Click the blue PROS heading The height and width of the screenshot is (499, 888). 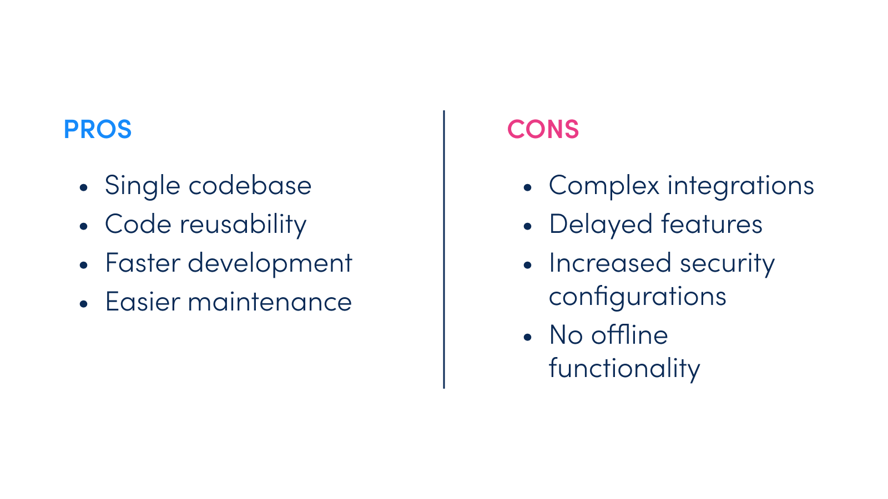[x=98, y=129]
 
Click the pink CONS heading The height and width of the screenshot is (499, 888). [x=543, y=129]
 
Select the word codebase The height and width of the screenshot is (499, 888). [x=250, y=185]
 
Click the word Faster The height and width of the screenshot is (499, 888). [x=143, y=263]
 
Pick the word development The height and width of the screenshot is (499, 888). [x=270, y=264]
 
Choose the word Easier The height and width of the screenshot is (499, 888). [x=143, y=302]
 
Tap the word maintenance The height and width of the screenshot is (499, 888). [x=270, y=302]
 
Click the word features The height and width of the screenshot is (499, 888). [x=712, y=224]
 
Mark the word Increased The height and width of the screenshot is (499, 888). [x=610, y=263]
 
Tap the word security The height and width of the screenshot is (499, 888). [x=728, y=264]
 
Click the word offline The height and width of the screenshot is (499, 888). [x=629, y=335]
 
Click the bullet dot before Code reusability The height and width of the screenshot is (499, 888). [x=83, y=226]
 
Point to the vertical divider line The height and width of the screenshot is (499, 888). [x=444, y=249]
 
